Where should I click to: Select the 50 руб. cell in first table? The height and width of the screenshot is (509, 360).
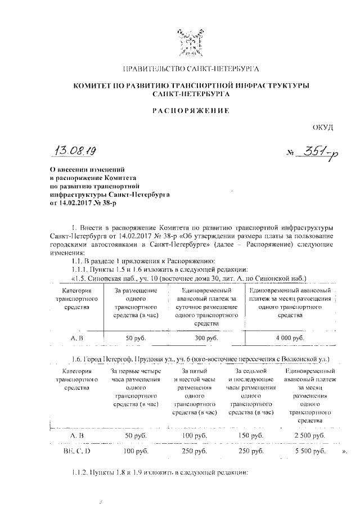tap(136, 337)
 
